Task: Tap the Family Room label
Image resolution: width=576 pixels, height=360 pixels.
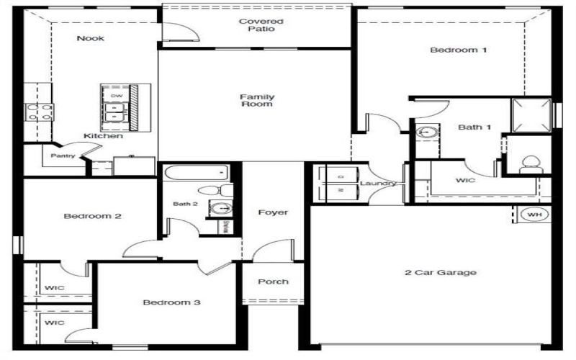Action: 257,100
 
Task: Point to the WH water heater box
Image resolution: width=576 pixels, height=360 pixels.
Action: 534,215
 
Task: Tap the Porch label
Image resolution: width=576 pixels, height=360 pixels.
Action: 273,282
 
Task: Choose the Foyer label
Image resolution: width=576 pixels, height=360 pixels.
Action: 273,212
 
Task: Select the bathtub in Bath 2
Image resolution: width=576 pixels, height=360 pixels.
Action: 196,173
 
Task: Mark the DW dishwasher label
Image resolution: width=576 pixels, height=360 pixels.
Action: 116,96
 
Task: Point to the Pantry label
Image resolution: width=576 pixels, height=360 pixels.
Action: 63,155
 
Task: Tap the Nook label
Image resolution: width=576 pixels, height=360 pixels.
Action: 91,38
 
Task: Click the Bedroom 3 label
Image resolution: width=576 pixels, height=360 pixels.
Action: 171,302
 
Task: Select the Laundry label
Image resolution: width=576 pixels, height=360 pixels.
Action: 378,184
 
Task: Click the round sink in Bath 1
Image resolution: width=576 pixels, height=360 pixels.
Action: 426,132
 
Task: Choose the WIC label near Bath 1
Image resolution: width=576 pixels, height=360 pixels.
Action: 466,181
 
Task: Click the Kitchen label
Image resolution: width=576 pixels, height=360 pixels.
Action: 103,136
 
